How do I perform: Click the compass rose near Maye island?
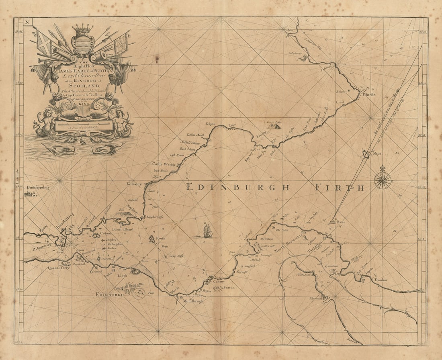coord(383,180)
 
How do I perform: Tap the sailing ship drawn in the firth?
coord(207,230)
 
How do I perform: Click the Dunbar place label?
coord(381,280)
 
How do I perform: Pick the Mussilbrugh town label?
coord(190,301)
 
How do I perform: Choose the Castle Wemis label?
coord(164,164)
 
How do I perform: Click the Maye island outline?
coord(366,154)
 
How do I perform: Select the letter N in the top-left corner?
coord(27,22)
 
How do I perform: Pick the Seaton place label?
coord(229,288)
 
